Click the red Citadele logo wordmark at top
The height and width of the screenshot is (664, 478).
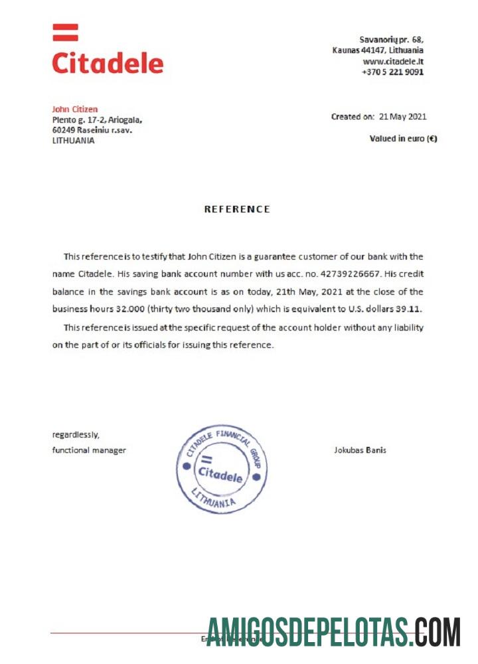108,63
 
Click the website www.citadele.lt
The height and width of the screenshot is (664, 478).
393,61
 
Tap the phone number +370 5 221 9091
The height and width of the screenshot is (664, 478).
392,72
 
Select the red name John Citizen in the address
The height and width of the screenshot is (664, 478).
75,109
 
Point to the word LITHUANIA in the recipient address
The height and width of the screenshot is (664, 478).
73,141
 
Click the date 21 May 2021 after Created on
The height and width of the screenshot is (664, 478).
402,117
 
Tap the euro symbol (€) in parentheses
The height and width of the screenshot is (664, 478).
432,139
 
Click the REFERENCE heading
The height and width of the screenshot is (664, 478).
237,209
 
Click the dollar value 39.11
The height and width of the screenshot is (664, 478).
407,309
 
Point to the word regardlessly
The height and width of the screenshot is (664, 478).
76,435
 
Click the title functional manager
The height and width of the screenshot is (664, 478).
89,450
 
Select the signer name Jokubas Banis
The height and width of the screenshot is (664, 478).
360,450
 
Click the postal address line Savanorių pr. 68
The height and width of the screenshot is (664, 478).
391,40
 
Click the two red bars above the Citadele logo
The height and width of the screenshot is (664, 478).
65,33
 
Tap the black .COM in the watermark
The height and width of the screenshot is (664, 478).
436,632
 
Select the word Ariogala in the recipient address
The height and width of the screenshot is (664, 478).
125,120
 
